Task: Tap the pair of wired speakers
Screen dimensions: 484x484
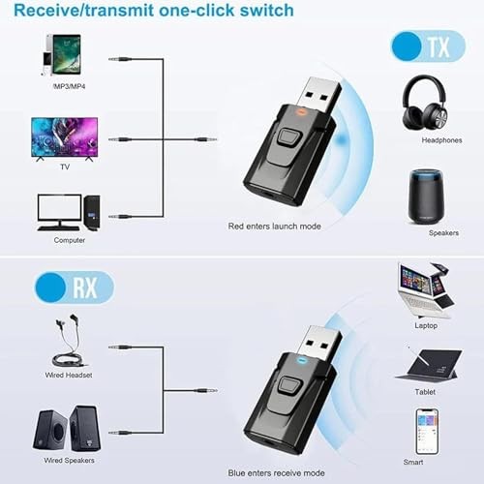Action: tap(68, 426)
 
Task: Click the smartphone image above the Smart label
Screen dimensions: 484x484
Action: tap(427, 431)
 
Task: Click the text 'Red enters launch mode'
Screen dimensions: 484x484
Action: tap(275, 225)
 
